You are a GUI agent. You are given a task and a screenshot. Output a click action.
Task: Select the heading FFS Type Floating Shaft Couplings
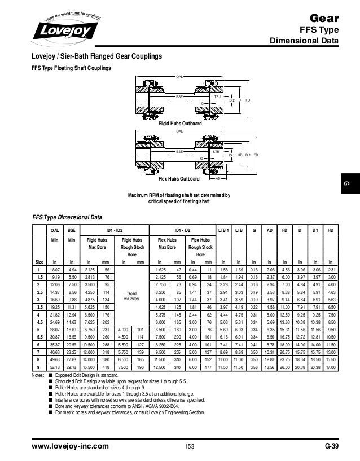71,68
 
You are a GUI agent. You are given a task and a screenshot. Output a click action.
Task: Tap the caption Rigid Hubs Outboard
180,123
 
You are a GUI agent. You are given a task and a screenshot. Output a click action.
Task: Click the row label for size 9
38,368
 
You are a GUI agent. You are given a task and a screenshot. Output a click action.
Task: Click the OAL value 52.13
55,368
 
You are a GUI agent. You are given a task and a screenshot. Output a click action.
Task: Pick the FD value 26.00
284,368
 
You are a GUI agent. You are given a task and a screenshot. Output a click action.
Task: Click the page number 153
189,447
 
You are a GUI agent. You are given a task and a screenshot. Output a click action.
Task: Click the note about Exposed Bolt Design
91,375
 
